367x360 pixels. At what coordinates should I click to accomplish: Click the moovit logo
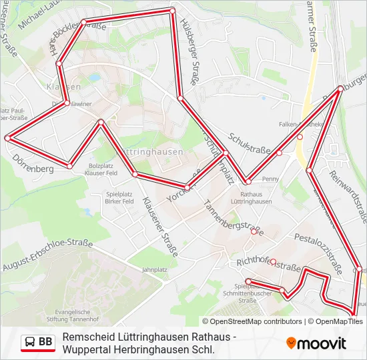(x=316, y=343)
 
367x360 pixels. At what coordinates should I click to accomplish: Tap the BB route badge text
(x=45, y=343)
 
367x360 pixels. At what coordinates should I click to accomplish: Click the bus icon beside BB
(x=30, y=343)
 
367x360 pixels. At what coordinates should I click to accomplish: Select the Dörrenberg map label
(x=33, y=169)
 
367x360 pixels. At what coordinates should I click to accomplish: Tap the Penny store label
(x=270, y=179)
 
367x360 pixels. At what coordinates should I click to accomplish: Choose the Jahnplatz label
(x=153, y=270)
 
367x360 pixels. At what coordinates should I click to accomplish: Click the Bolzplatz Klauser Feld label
(x=102, y=169)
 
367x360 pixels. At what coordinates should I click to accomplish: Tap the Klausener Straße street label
(x=160, y=227)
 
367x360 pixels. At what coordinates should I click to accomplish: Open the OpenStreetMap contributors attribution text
(x=254, y=321)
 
